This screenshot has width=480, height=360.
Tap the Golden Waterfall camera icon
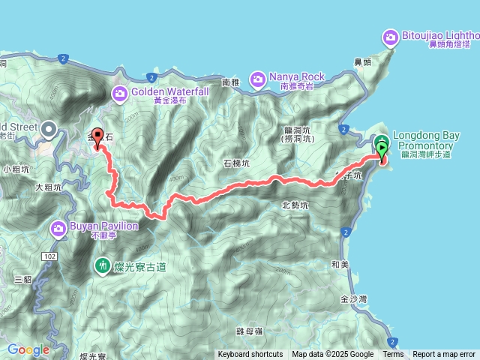pyautogui.click(x=120, y=93)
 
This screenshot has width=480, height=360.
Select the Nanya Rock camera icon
pyautogui.click(x=258, y=77)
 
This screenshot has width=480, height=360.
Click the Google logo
pyautogui.click(x=28, y=349)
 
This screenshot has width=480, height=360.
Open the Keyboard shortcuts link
pyautogui.click(x=250, y=355)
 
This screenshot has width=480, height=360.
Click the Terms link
pyautogui.click(x=393, y=355)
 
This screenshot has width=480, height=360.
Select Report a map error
pyautogui.click(x=445, y=355)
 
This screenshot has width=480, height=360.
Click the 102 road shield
pyautogui.click(x=49, y=256)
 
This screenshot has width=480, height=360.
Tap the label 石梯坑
pyautogui.click(x=237, y=162)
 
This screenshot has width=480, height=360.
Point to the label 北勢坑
pyautogui.click(x=295, y=204)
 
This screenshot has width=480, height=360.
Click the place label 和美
pyautogui.click(x=338, y=264)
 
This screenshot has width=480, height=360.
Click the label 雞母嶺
pyautogui.click(x=248, y=331)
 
